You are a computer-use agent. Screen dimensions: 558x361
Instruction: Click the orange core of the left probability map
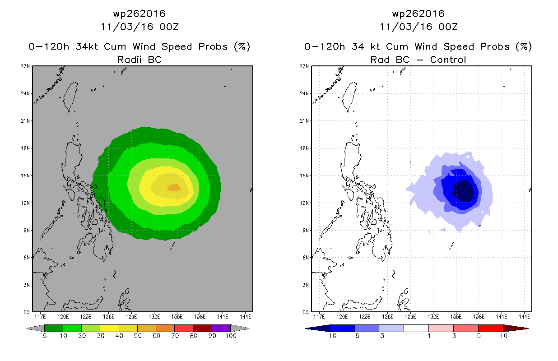click(x=174, y=188)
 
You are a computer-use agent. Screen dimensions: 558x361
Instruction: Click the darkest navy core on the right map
click(x=463, y=191)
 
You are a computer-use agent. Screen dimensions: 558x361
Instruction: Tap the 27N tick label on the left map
click(x=25, y=66)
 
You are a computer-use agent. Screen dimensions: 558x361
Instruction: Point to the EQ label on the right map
click(x=306, y=312)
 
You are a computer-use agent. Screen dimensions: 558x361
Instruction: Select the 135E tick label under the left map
click(x=177, y=317)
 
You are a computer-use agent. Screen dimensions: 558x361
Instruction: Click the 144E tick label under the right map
click(x=525, y=317)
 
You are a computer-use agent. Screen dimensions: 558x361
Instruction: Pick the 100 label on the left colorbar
click(x=231, y=336)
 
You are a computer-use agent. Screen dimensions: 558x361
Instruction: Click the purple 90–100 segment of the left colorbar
click(x=221, y=328)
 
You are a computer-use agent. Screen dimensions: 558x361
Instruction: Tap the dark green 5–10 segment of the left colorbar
click(x=54, y=328)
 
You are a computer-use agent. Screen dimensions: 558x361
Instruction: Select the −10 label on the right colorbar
click(x=330, y=336)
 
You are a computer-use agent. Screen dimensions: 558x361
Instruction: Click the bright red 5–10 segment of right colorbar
click(x=491, y=328)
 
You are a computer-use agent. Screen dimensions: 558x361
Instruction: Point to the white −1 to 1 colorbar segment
click(x=416, y=328)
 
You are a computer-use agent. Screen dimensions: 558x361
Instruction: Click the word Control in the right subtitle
click(x=448, y=60)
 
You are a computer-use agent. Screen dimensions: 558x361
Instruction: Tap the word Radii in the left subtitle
click(x=129, y=60)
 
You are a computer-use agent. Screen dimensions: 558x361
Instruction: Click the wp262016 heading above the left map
click(x=139, y=14)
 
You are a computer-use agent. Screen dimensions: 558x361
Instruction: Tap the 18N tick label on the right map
click(x=304, y=148)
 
